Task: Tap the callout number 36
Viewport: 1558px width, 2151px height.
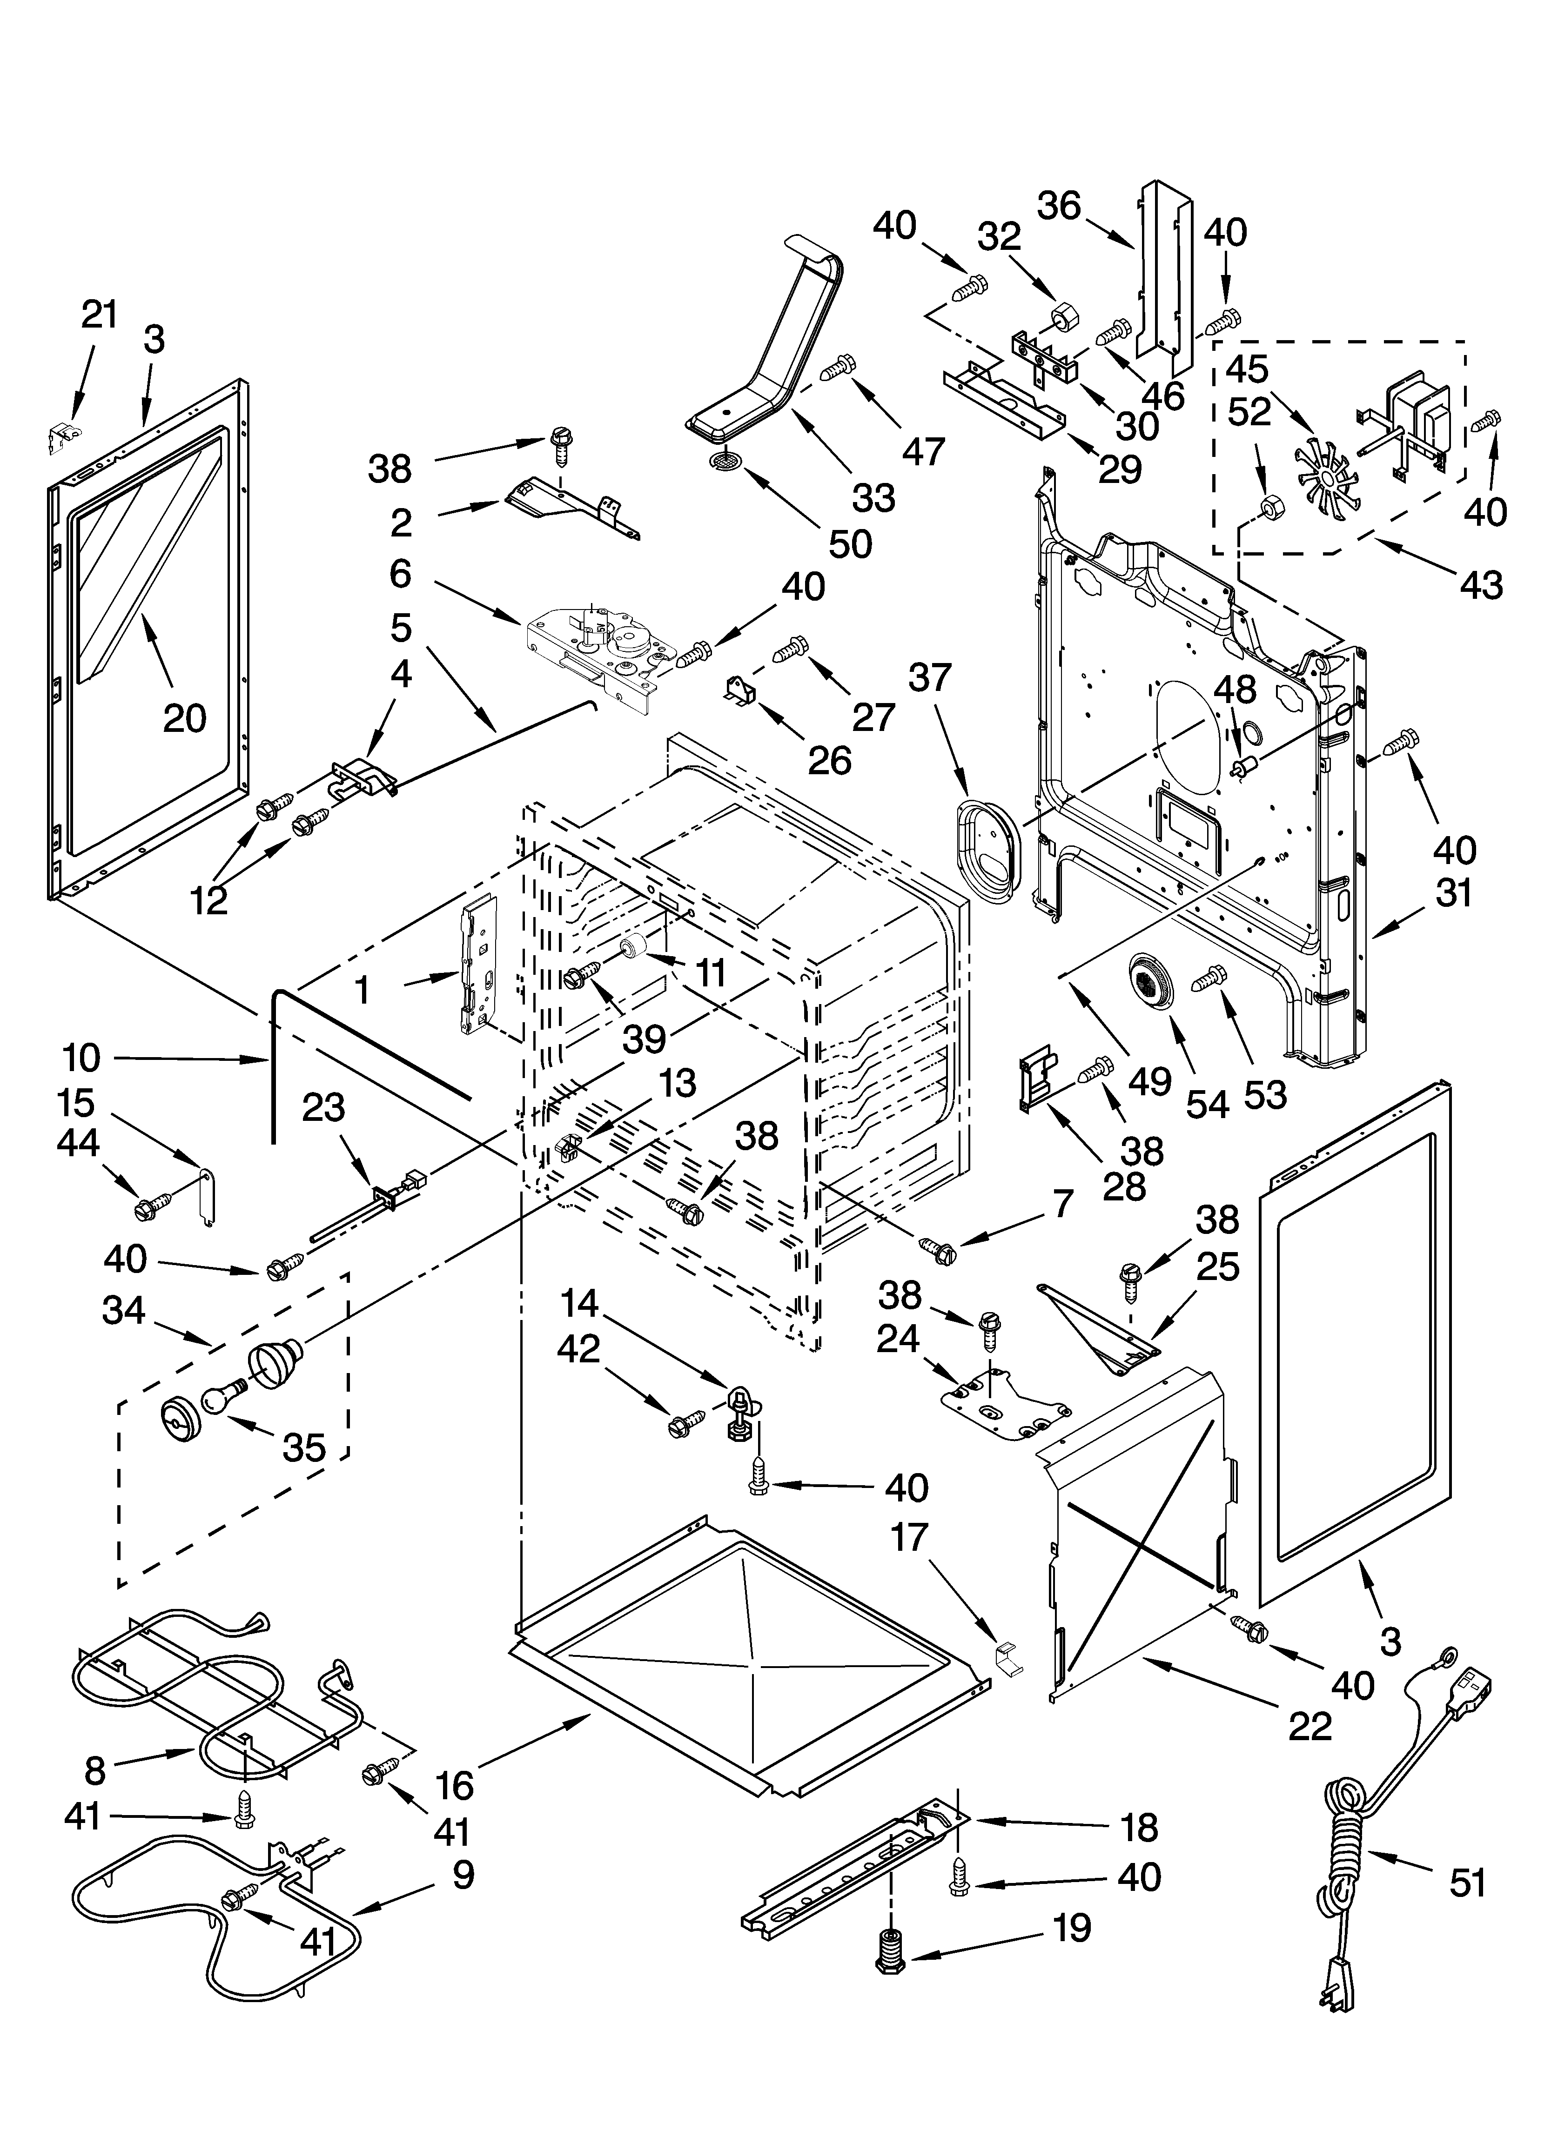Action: tap(1059, 206)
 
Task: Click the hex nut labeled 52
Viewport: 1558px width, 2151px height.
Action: tap(1268, 509)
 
